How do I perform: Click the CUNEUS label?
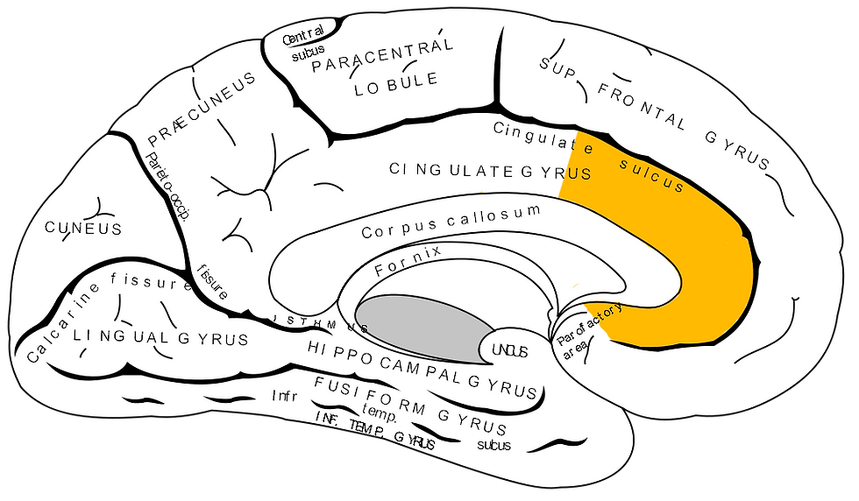click(83, 229)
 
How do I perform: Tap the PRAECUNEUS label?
click(202, 109)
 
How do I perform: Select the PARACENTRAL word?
click(383, 57)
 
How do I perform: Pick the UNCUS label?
click(508, 350)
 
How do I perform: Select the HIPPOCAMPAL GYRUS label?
click(422, 367)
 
